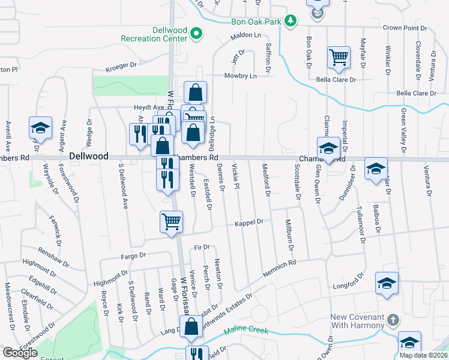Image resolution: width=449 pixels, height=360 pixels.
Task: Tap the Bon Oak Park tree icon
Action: point(291,22)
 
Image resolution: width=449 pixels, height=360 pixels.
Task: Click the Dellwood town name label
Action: point(89,156)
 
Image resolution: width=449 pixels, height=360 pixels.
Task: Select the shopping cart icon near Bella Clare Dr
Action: point(339,58)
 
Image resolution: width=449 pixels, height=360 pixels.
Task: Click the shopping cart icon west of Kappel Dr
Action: point(171,222)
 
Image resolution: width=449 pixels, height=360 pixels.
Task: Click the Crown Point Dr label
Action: point(405,28)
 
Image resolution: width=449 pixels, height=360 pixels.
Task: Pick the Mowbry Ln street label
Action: point(240,76)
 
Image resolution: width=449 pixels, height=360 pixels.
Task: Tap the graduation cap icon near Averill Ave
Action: point(40,128)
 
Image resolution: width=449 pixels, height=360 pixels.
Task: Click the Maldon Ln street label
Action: point(246,37)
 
